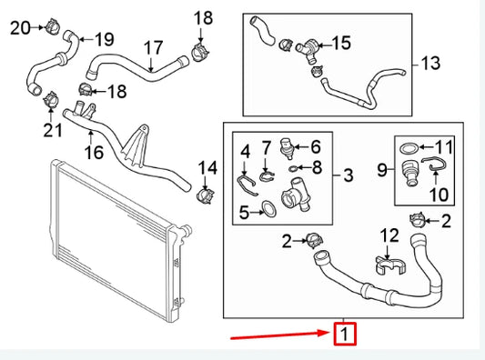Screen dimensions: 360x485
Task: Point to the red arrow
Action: [281, 338]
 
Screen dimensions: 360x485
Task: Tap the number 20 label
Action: [19, 28]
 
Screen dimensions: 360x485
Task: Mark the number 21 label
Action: [52, 131]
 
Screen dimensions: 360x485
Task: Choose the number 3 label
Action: [349, 175]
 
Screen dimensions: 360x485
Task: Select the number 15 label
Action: [340, 42]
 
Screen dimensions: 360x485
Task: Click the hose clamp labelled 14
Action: [205, 195]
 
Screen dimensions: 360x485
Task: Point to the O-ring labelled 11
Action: [411, 146]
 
